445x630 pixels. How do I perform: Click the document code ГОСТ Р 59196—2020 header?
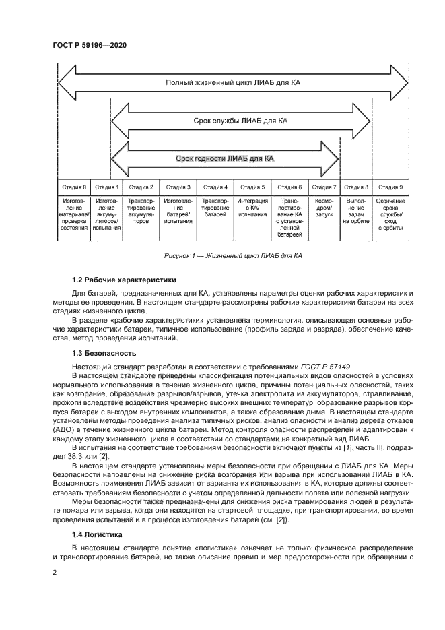click(x=90, y=44)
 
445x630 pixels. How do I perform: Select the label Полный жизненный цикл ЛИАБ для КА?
click(x=233, y=84)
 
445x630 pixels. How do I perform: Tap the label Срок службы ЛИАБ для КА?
click(x=240, y=121)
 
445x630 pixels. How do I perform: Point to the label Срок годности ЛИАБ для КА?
click(x=225, y=159)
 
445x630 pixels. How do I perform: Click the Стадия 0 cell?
click(x=74, y=187)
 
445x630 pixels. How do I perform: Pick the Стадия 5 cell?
click(x=252, y=187)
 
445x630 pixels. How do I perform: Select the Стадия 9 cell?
click(x=390, y=187)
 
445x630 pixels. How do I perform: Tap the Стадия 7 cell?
click(x=324, y=187)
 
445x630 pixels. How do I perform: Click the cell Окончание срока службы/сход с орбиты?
click(x=390, y=214)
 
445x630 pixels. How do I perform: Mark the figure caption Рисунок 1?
click(x=233, y=256)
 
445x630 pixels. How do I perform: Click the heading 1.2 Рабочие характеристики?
click(x=114, y=279)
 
